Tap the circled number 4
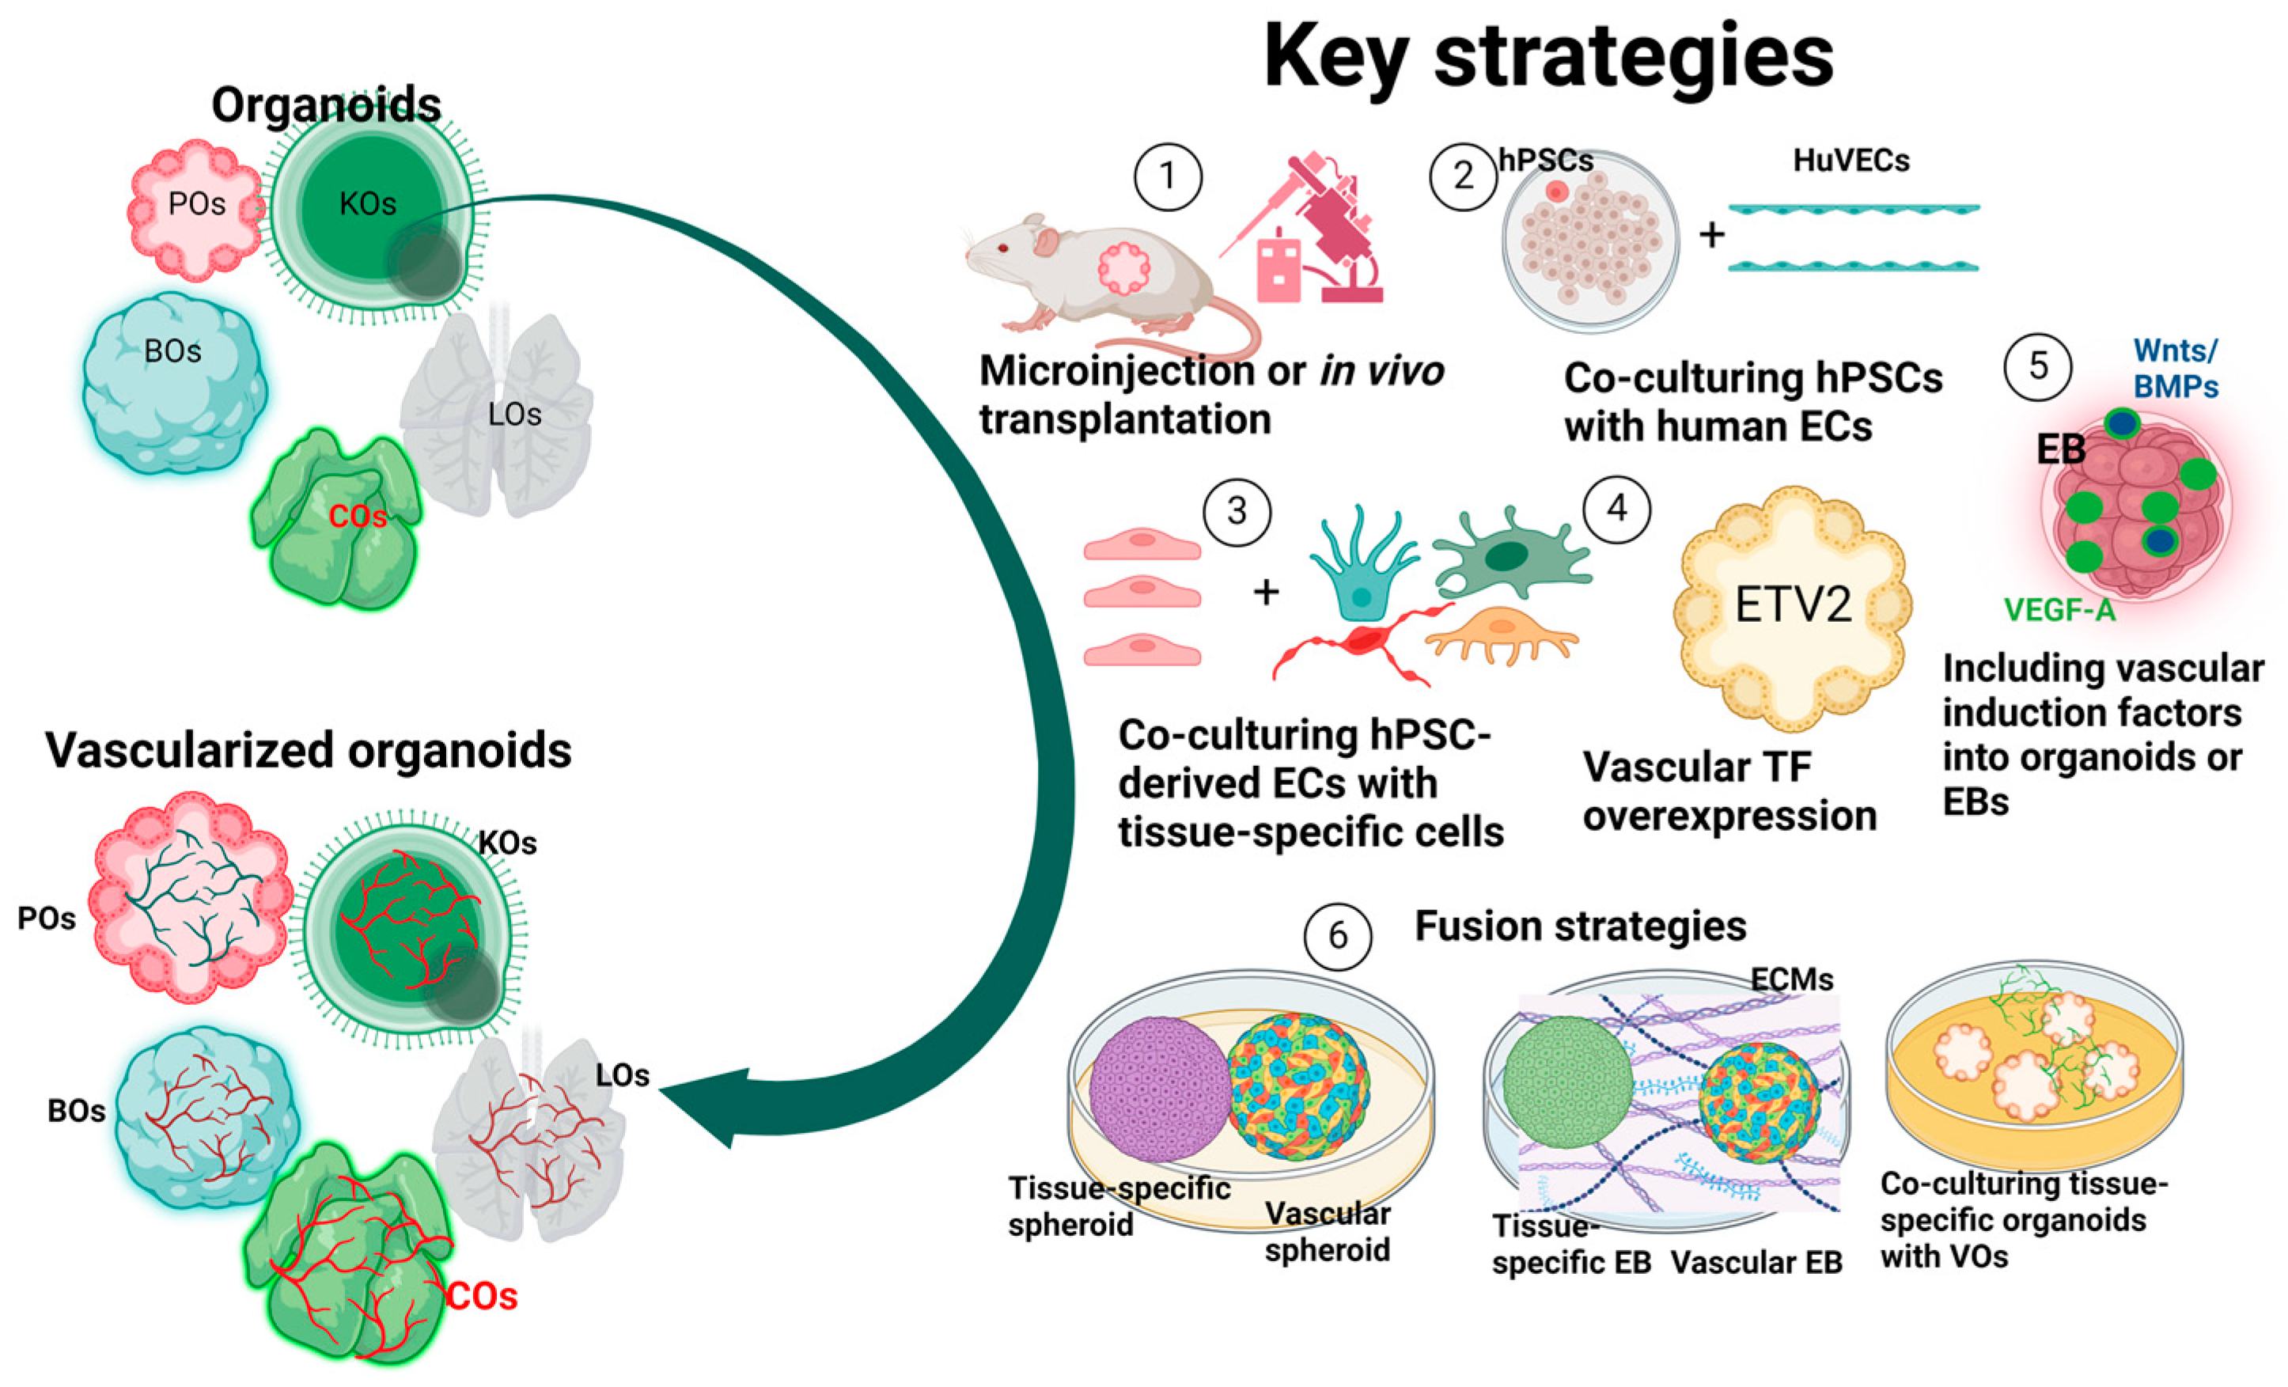coord(1616,509)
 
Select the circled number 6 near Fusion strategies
coord(1337,936)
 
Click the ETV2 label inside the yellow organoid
coord(1793,605)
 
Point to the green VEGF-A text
coord(2059,610)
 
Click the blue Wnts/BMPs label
coord(2176,369)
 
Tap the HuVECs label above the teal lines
coord(1850,161)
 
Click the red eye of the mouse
coord(1004,248)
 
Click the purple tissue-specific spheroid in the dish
coord(1159,1088)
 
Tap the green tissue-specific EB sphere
coord(1567,1081)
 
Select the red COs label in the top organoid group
coord(358,516)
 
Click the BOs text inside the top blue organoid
coord(172,352)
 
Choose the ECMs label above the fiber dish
coord(1791,980)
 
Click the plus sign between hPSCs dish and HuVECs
coord(1711,235)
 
